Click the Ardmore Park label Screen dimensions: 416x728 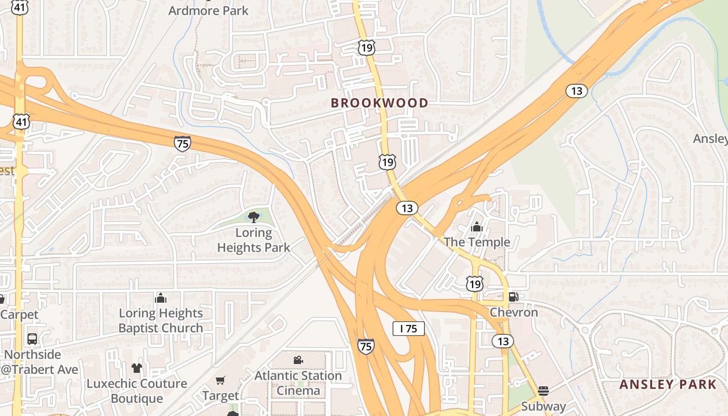[x=209, y=10]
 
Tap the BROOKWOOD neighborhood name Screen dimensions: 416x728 [x=379, y=103]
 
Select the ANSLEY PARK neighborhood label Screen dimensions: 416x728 [x=668, y=385]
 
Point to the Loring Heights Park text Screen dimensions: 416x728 [x=253, y=240]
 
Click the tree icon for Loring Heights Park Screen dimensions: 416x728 [x=254, y=217]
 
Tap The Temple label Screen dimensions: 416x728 [x=477, y=242]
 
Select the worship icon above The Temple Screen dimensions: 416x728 [x=476, y=227]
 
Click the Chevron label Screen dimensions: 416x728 [x=514, y=313]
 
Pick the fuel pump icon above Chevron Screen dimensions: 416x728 [x=513, y=297]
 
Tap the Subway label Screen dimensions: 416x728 [x=543, y=407]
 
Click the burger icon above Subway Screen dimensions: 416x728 [x=543, y=391]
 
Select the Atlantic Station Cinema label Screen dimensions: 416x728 [x=298, y=383]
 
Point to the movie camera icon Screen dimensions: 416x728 [x=298, y=360]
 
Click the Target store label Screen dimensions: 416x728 [x=220, y=396]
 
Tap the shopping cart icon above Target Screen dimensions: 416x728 [x=220, y=381]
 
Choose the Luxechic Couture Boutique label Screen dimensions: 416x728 [x=137, y=391]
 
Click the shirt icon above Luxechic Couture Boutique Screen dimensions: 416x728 [x=137, y=368]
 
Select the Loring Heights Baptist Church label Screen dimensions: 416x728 [x=161, y=320]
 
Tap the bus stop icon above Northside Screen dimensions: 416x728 [x=32, y=339]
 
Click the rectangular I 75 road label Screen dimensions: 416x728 [x=408, y=329]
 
